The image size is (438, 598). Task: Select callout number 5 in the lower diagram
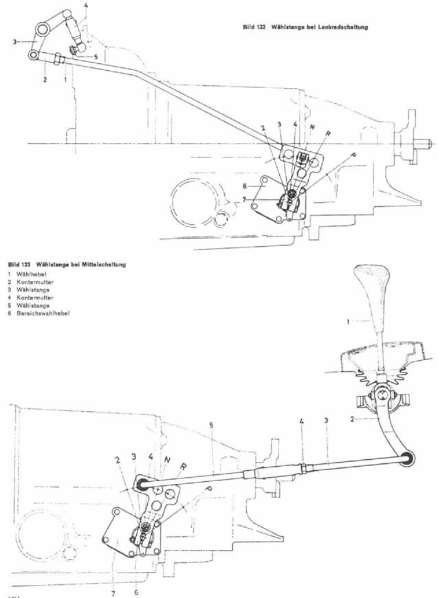(212, 425)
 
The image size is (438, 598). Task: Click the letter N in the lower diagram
(168, 458)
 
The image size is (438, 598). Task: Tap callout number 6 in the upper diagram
(245, 186)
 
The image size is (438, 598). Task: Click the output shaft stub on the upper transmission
(420, 145)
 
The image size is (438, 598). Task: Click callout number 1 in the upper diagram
(65, 80)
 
